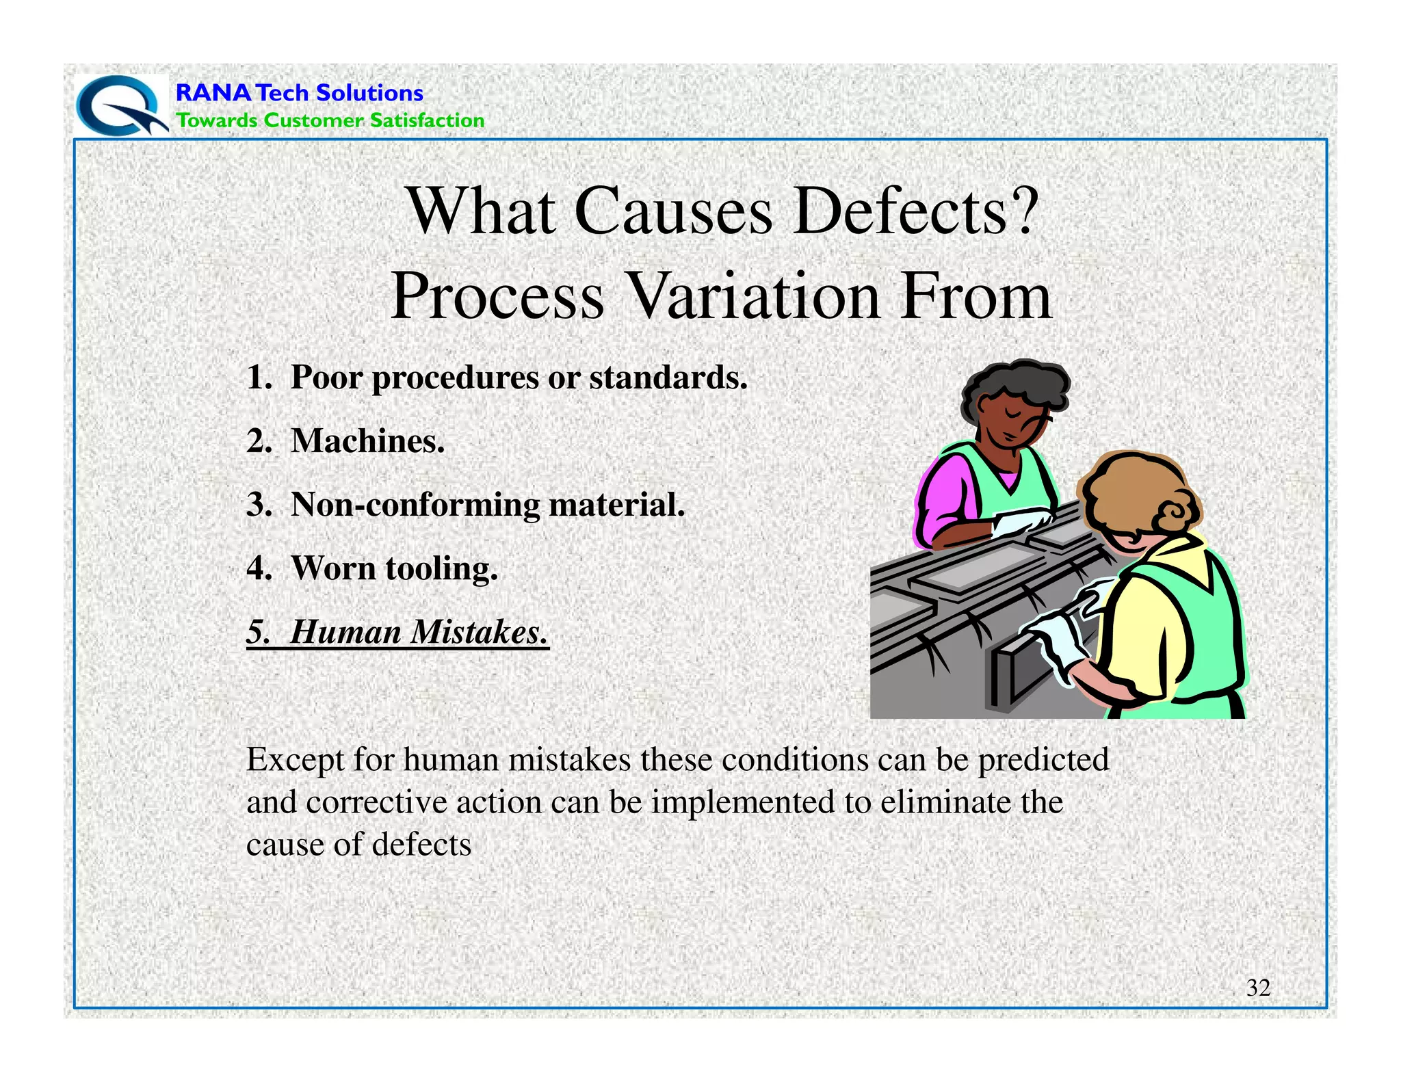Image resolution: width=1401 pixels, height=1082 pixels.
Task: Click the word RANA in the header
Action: coord(213,92)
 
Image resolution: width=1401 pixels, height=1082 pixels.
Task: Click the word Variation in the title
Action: coord(753,296)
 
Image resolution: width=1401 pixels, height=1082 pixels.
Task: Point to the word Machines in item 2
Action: coord(367,440)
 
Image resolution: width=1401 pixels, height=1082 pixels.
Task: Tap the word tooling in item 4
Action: coord(441,568)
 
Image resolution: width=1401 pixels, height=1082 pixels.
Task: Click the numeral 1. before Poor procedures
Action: coord(259,378)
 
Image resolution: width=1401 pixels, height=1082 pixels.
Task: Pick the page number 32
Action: coord(1258,988)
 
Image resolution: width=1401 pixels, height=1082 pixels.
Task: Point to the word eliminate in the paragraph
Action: coord(945,802)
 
